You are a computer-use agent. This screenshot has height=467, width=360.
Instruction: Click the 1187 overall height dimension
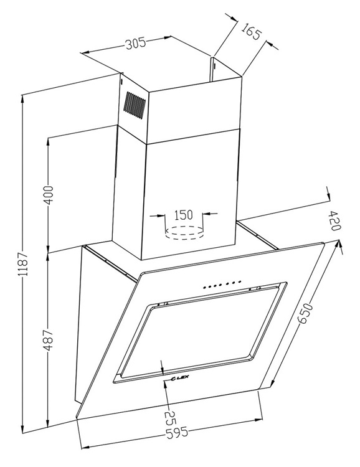click(x=23, y=264)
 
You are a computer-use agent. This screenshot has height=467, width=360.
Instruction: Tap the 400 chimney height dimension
click(x=49, y=195)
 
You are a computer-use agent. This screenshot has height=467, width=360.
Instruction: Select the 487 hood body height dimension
click(x=48, y=339)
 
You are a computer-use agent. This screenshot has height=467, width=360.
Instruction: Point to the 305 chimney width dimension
click(x=135, y=44)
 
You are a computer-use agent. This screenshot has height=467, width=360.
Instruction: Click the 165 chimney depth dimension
click(x=251, y=31)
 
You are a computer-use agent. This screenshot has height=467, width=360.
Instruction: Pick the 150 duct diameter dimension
click(x=183, y=215)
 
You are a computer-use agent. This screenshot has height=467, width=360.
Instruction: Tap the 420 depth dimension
click(x=334, y=220)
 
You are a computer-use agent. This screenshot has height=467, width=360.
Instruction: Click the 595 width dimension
click(x=177, y=433)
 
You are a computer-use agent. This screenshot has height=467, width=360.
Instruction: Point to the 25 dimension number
click(x=171, y=418)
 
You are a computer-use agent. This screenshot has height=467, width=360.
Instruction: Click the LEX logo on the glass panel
click(x=180, y=378)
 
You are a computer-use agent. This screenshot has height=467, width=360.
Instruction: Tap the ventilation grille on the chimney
click(x=135, y=105)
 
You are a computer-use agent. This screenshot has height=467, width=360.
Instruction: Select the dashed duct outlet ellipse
click(x=184, y=232)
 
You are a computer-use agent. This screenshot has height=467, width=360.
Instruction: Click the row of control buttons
click(x=222, y=284)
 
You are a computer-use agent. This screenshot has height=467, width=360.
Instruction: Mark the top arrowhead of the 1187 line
click(x=22, y=99)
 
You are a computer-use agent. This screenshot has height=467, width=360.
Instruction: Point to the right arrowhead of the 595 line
click(x=258, y=420)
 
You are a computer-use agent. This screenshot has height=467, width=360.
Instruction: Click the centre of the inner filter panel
click(x=202, y=331)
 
